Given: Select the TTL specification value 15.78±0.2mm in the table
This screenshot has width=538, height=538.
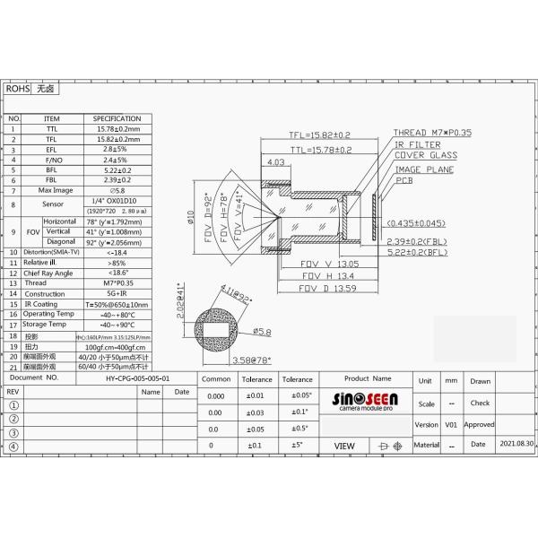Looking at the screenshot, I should tap(116, 129).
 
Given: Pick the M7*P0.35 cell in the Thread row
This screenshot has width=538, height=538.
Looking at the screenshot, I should tap(116, 282).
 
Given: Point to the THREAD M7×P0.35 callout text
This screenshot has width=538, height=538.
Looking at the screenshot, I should tap(433, 132).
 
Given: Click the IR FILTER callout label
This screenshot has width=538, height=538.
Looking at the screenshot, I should tap(417, 143).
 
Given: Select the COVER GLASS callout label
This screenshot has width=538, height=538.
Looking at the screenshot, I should tap(425, 155).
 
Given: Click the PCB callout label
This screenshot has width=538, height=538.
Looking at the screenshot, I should tap(404, 180).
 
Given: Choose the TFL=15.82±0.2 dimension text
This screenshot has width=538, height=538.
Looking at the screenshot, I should tap(320, 135).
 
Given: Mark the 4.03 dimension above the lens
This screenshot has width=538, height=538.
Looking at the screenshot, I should tap(276, 162).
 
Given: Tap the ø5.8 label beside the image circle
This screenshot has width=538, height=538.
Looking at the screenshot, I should tap(261, 333).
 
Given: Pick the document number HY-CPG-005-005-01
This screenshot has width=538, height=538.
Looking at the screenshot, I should tap(136, 379).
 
